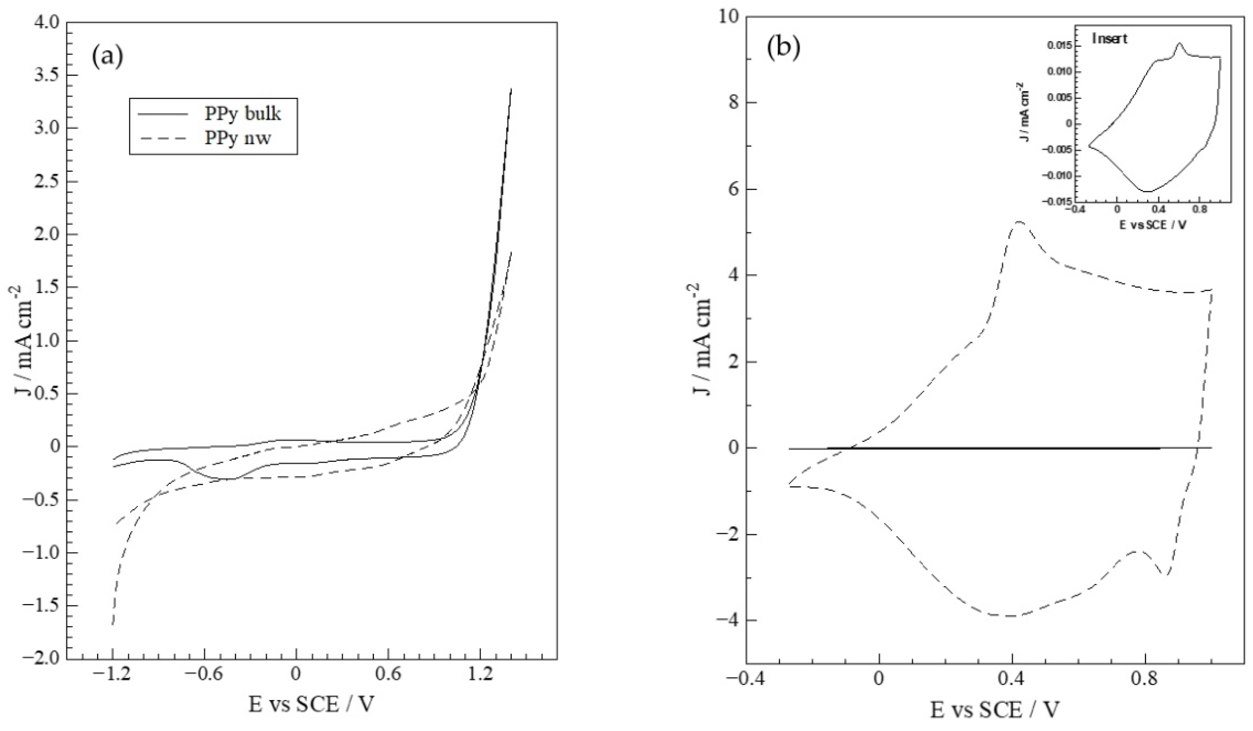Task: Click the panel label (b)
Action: pyautogui.click(x=784, y=48)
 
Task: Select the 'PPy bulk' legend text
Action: pyautogui.click(x=243, y=114)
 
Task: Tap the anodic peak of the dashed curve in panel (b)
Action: pyautogui.click(x=1015, y=222)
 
